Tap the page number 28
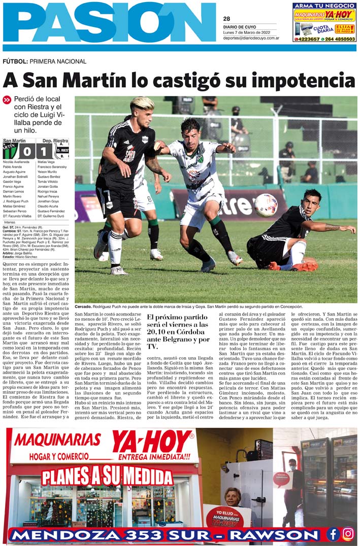point(226,19)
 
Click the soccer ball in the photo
point(266,205)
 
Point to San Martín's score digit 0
point(27,151)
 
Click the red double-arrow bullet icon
point(7,100)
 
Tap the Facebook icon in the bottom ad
point(333,534)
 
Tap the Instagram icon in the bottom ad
point(348,534)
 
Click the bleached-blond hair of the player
point(142,104)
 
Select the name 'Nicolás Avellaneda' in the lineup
point(16,162)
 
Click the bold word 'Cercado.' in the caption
point(83,306)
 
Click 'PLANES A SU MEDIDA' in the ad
point(107,476)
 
